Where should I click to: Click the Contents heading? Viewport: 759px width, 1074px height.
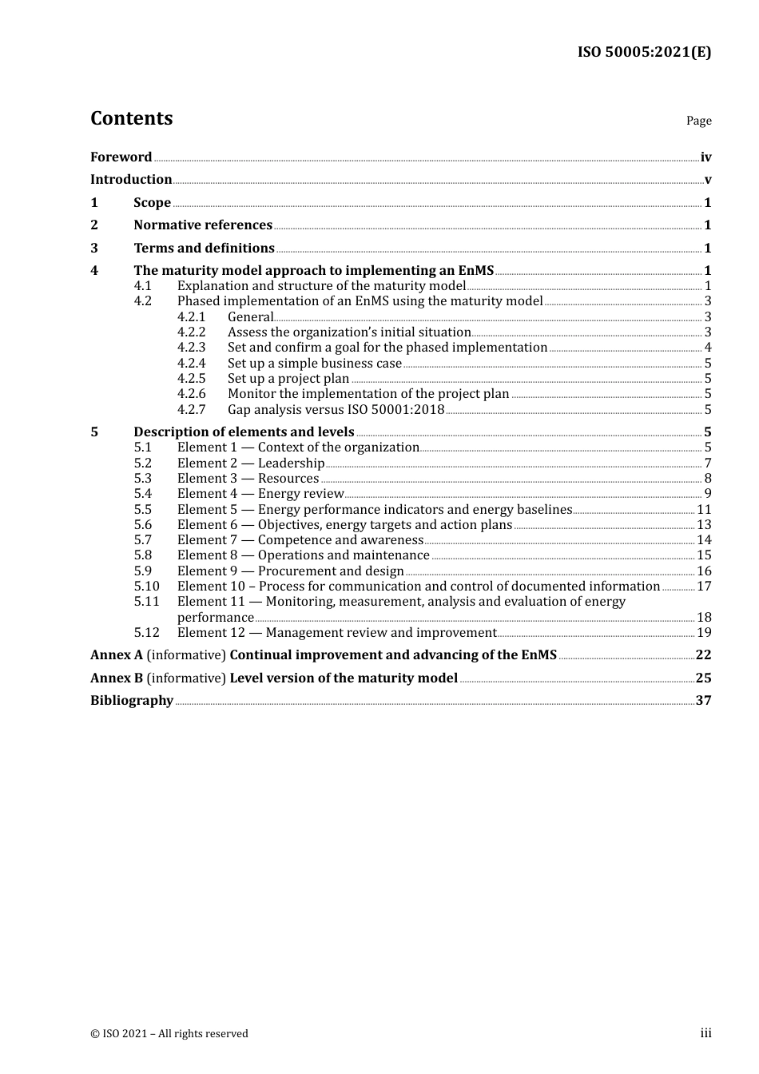coord(131,118)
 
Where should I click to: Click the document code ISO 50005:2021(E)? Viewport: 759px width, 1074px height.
coord(644,52)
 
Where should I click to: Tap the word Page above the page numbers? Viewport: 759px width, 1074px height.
coord(698,121)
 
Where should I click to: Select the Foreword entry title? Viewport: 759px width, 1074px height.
coord(121,157)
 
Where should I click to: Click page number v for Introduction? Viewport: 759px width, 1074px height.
coord(707,180)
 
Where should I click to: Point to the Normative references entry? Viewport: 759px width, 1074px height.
coord(203,225)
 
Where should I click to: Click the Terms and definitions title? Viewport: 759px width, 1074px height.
coord(204,249)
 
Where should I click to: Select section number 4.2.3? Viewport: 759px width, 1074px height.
coord(191,348)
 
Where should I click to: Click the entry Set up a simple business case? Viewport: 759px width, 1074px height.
coord(314,364)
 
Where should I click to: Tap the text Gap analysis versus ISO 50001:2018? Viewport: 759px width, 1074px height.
coord(336,410)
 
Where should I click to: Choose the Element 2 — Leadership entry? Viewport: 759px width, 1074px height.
coord(251,463)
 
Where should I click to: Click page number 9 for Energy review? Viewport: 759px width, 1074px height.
coord(707,494)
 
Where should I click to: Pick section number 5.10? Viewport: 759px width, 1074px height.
coord(146,587)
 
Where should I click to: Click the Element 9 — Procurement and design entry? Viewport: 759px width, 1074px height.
coord(290,571)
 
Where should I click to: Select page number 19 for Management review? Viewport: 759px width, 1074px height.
coord(704,633)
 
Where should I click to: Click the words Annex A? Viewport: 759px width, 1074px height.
coord(117,655)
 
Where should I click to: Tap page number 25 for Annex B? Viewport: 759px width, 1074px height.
coord(703,678)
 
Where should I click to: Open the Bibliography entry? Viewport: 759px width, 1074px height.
coord(132,701)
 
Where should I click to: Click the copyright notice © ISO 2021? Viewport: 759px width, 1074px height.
coord(169,1034)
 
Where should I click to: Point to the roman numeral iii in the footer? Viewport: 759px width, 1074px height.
coord(705,1033)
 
